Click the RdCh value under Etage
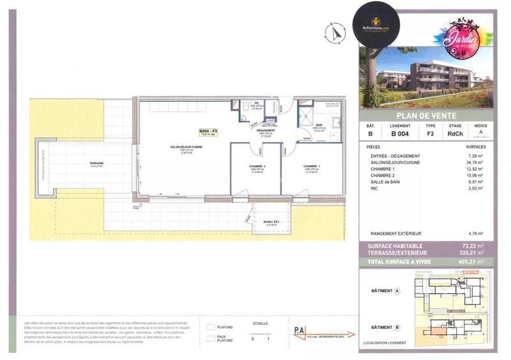pos(455,133)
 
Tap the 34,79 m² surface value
pos(475,163)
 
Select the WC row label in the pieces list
pos(370,188)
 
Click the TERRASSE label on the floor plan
pos(96,163)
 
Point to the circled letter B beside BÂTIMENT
pos(398,327)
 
